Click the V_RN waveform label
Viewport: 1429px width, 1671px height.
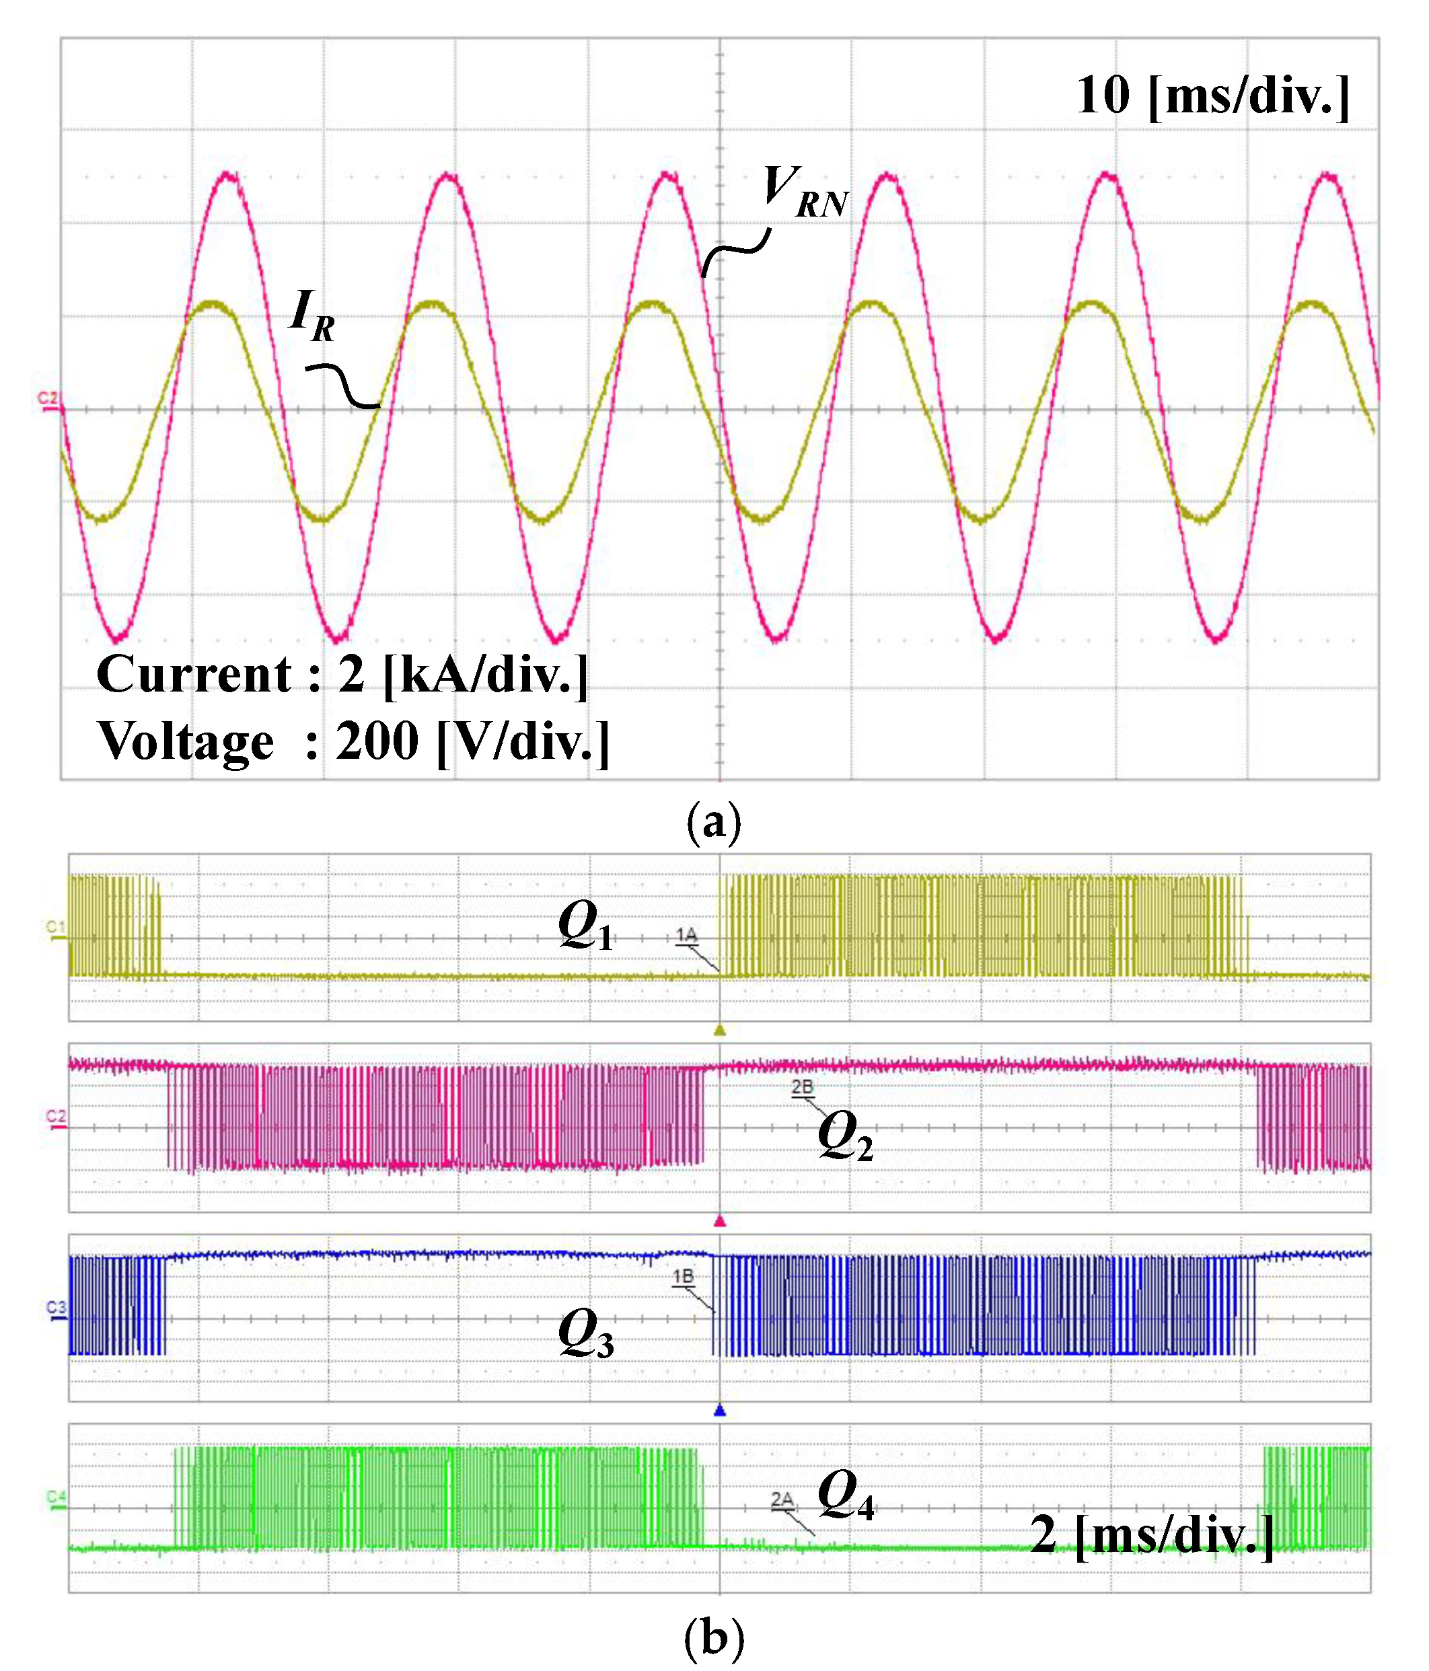[804, 192]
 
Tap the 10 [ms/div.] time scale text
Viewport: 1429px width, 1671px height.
[1212, 96]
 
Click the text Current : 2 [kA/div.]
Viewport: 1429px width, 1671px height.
[342, 674]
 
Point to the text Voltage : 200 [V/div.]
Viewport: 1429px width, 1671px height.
[353, 741]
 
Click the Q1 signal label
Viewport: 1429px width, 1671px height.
[585, 925]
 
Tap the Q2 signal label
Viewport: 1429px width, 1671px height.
[844, 1136]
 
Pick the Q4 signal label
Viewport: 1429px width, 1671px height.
[845, 1495]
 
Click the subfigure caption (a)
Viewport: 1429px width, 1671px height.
[713, 823]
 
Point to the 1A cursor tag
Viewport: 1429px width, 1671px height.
[686, 934]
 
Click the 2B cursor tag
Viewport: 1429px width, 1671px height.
[803, 1087]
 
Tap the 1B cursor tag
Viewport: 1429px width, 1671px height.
[683, 1277]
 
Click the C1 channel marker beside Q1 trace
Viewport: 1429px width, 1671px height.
[55, 928]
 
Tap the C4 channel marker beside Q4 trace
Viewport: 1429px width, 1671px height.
[56, 1497]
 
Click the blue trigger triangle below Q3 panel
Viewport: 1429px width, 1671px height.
[720, 1411]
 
